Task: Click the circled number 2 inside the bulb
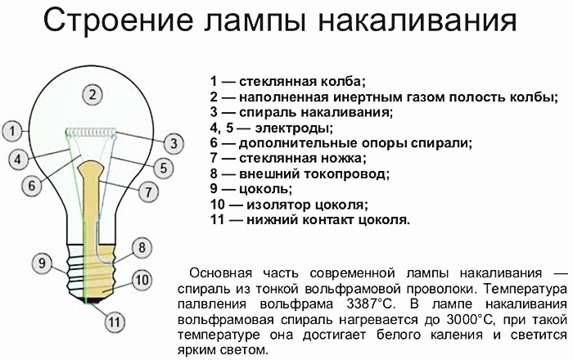click(x=92, y=95)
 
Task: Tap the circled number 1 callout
click(x=12, y=131)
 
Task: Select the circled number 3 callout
click(x=174, y=143)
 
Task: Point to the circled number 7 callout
click(x=148, y=191)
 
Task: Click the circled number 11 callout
click(x=114, y=322)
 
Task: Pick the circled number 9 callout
click(x=42, y=263)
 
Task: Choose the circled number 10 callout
click(x=142, y=280)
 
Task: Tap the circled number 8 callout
click(x=142, y=248)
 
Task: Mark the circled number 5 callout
click(x=163, y=169)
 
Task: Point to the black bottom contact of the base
click(x=92, y=300)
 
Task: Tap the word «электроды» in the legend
click(x=294, y=128)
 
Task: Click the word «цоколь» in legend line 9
click(x=266, y=189)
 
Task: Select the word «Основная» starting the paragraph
click(x=221, y=273)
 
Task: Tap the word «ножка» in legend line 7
click(x=344, y=159)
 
